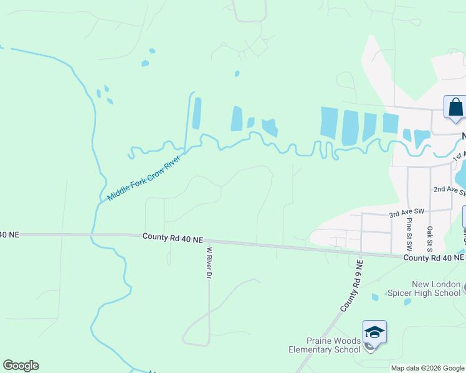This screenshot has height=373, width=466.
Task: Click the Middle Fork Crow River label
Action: [143, 178]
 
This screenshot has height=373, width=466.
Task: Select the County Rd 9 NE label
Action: [353, 286]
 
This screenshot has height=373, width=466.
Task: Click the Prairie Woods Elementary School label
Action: [325, 345]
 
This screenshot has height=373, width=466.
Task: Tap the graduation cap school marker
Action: [374, 332]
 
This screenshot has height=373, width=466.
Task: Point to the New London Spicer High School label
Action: [424, 288]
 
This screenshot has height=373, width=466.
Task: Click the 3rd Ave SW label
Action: [407, 213]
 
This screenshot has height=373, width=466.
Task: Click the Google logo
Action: [21, 366]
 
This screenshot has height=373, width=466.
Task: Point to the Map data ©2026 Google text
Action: [427, 368]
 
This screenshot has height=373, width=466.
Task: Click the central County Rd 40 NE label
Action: [173, 237]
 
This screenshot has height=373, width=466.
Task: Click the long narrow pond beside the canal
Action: [197, 113]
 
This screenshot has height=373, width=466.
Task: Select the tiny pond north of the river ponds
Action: [237, 73]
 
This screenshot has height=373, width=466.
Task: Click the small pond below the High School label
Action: [407, 302]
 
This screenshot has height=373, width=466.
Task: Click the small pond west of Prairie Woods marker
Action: [374, 297]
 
